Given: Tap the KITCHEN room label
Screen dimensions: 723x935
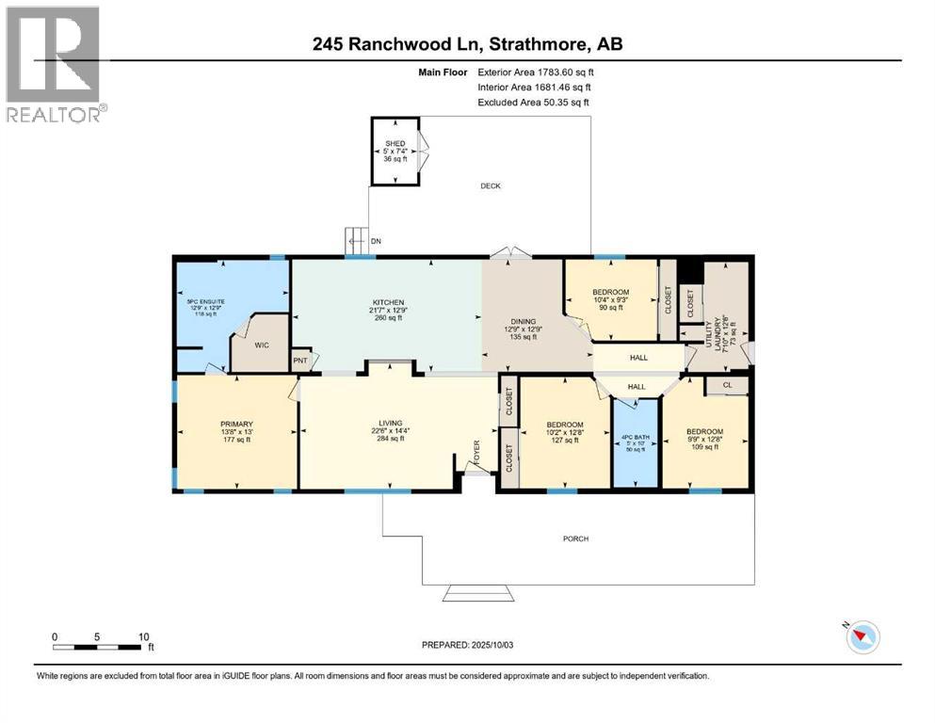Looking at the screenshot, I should (x=386, y=303).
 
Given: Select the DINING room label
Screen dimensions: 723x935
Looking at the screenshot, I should (x=523, y=321).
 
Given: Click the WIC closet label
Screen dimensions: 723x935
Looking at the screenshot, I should (x=262, y=345).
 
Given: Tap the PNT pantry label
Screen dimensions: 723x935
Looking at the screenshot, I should (x=300, y=360).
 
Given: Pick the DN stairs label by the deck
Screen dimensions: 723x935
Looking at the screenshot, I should (x=376, y=242).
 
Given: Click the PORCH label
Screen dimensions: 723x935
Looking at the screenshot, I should (x=575, y=538).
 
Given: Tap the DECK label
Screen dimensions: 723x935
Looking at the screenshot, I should (x=490, y=186).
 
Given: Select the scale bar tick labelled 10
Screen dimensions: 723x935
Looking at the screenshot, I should (x=142, y=636).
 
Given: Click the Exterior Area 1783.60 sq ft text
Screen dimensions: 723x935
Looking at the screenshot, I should (x=536, y=72).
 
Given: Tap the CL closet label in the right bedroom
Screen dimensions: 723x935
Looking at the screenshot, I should (x=726, y=385).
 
